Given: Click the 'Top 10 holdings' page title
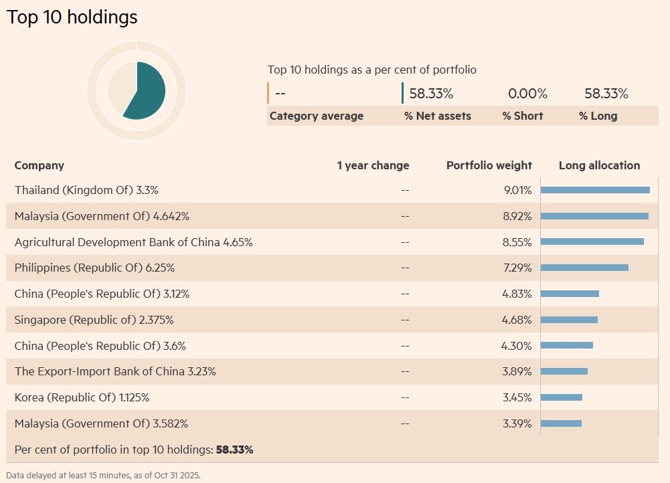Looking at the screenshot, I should coord(72,17).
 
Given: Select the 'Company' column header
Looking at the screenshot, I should coord(39,165).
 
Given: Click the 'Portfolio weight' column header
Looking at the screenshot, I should coord(489,165).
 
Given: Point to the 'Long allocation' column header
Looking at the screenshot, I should coord(599,165).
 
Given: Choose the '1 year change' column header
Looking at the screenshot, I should coord(373,165).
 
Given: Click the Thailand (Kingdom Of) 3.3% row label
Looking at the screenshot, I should coord(86,190).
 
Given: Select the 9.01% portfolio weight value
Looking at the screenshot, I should coord(517,190).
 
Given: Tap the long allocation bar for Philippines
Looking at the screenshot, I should coord(584,268).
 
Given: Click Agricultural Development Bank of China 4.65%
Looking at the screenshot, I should coord(133,242).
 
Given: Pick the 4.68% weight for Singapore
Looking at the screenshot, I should coord(517,320).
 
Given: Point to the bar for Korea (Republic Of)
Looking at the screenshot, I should coord(561,397).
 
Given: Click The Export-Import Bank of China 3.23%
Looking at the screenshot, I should coord(115,371).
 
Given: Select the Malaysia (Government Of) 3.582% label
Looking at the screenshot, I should coord(101,423).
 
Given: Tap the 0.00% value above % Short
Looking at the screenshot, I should coord(527,94).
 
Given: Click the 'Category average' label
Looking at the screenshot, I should coord(316,116).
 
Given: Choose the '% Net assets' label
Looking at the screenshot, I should coord(437,116).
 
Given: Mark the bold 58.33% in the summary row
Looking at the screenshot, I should coord(234,450).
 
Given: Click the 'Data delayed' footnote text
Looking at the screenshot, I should coord(103,476).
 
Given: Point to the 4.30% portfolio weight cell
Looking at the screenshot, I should coord(517,346).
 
